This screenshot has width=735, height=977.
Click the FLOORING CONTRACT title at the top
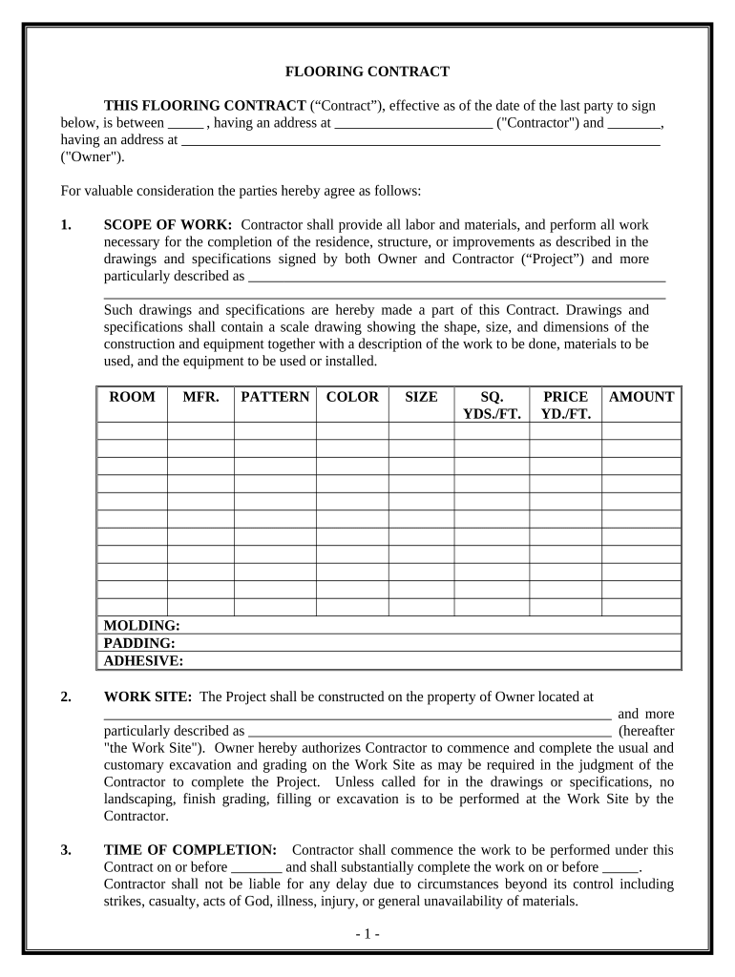(x=367, y=72)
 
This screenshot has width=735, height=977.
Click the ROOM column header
(x=133, y=397)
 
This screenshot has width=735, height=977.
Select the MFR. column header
(x=200, y=397)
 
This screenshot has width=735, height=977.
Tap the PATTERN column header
(x=275, y=397)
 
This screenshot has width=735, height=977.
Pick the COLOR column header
(x=352, y=397)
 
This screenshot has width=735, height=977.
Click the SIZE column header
(x=421, y=397)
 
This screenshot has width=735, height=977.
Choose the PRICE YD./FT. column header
(x=565, y=405)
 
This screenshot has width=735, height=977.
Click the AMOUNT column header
(x=641, y=397)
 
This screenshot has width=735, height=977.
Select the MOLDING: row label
(x=141, y=626)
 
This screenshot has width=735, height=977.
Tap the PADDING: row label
(x=139, y=643)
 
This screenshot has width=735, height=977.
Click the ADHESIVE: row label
(x=143, y=660)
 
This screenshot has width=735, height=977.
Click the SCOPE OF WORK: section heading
(x=167, y=225)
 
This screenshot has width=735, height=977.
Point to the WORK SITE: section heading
(x=148, y=696)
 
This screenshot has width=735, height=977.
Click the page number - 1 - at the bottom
(x=367, y=934)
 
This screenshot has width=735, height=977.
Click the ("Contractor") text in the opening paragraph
(x=537, y=123)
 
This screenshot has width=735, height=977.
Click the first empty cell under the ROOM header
(x=133, y=431)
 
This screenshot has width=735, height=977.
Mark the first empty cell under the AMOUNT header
(x=641, y=431)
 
